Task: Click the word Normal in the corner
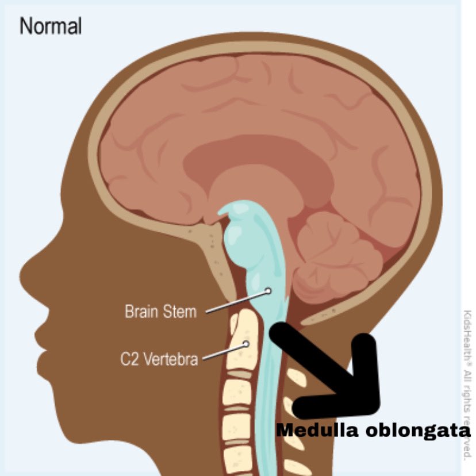[51, 26]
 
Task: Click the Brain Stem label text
[160, 312]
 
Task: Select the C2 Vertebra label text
[159, 360]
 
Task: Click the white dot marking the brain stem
[268, 291]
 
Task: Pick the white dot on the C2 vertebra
[246, 344]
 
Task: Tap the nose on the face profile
[26, 270]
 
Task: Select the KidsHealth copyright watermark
[467, 385]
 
